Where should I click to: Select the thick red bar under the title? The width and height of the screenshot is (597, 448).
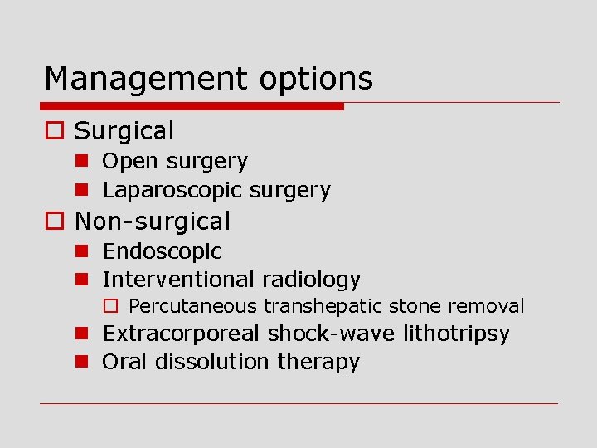192,106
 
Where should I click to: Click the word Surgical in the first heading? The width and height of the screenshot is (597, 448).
124,130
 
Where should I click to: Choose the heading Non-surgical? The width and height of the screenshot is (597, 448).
153,222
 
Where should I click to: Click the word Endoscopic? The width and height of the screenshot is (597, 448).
163,251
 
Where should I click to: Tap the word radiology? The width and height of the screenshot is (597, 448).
311,280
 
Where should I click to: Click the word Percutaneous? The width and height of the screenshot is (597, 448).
193,307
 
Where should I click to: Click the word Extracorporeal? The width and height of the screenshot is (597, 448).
181,334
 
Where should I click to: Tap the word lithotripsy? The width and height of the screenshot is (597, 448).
456,334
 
